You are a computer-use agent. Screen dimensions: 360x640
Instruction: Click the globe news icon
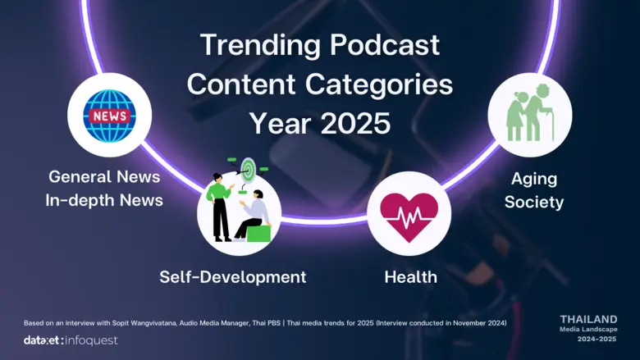109,116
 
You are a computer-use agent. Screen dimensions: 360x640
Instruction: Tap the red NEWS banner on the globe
109,116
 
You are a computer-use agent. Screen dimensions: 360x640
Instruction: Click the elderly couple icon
529,114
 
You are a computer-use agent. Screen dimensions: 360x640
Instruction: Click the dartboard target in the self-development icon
248,170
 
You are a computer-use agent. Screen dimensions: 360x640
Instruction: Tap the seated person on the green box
254,216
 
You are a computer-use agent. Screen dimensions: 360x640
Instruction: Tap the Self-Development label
233,277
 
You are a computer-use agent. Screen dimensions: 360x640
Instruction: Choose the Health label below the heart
410,277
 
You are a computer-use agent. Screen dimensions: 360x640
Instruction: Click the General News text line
104,176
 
